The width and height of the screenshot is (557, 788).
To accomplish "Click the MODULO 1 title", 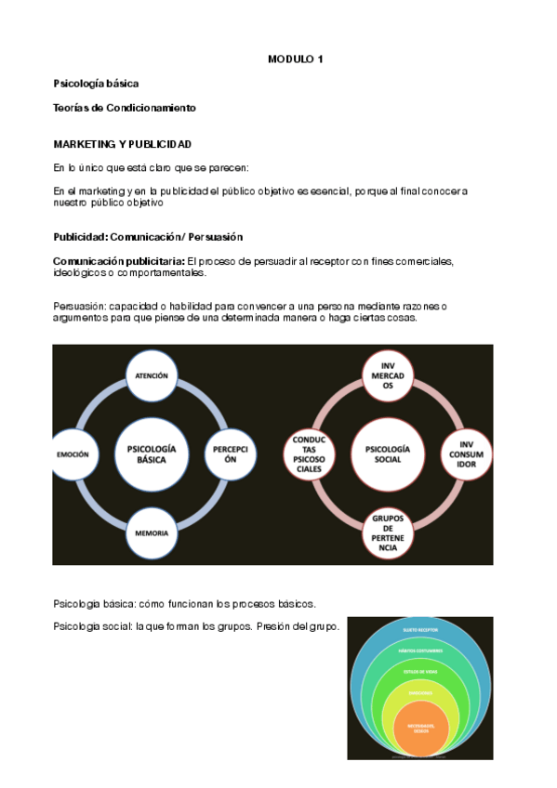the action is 296,59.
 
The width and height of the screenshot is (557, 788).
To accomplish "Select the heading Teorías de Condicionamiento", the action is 125,108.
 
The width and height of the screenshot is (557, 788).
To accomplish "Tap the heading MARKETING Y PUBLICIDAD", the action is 122,144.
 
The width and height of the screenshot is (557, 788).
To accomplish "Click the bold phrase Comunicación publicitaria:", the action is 119,261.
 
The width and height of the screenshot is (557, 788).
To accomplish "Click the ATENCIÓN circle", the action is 152,375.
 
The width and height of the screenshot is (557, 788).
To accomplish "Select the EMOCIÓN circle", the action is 73,454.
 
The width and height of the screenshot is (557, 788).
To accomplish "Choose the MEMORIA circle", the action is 152,532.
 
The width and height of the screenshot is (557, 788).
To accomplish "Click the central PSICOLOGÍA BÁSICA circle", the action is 152,454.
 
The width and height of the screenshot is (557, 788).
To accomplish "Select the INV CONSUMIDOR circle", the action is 467,454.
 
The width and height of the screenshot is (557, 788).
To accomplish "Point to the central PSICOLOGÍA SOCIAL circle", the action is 388,454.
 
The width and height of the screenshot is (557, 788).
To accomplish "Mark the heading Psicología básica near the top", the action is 96,84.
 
